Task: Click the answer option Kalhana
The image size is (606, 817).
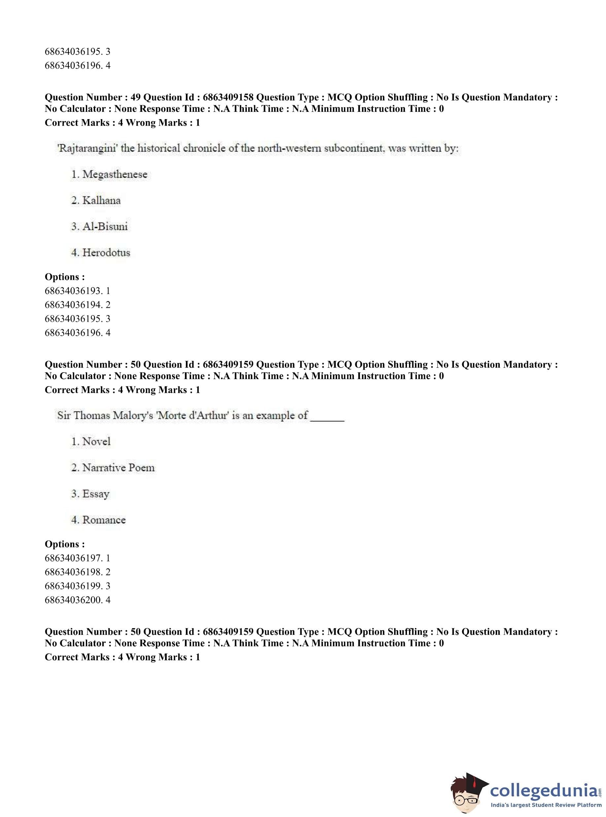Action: point(101,201)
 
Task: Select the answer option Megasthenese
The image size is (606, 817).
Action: point(115,175)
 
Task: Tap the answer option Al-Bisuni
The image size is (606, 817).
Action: point(105,227)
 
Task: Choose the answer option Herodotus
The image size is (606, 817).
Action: point(106,253)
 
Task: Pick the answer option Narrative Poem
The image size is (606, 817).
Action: point(118,468)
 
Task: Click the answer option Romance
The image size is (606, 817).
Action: point(104,520)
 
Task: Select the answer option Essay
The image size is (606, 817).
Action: point(96,494)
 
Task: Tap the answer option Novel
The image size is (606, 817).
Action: point(96,441)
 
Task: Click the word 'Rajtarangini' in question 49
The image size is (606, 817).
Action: point(87,148)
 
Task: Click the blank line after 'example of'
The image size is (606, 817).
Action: point(327,418)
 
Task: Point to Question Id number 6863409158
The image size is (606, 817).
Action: point(228,98)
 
